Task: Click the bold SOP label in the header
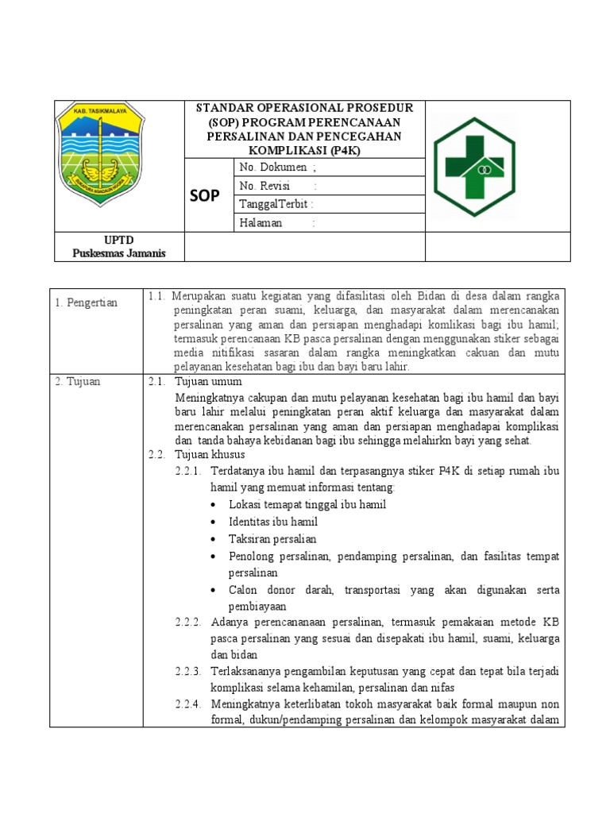[205, 195]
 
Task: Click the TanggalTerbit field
[276, 204]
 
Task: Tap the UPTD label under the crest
[118, 239]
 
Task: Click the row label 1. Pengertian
[87, 302]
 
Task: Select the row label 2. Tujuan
[78, 382]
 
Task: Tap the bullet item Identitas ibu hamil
[272, 522]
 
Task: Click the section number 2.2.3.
[188, 671]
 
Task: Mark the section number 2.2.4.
[188, 704]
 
